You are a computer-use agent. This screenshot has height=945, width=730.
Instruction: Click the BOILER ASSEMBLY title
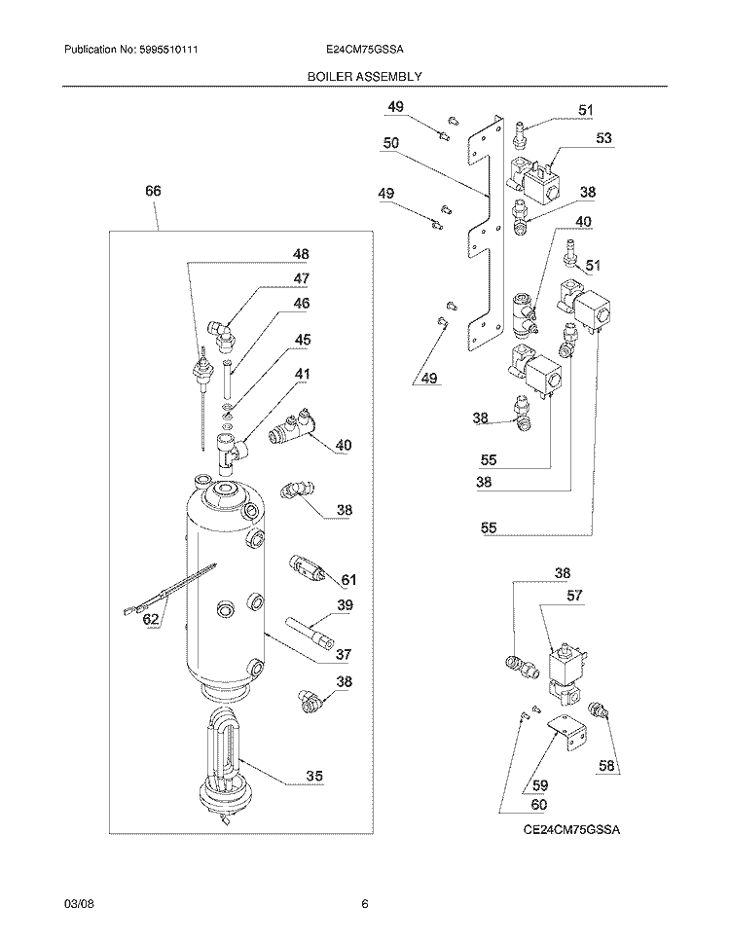coord(365,75)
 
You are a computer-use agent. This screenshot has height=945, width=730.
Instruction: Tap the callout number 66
coord(154,192)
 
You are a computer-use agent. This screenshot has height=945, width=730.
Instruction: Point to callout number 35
coord(314,777)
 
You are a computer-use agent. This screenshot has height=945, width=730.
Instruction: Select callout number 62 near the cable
coord(151,618)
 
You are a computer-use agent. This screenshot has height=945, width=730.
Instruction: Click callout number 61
coord(347,580)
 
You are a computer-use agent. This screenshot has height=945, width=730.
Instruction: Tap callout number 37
coord(343,654)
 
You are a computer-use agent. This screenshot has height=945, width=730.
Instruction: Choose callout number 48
coord(301,255)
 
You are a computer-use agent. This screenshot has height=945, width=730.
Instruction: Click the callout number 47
coord(301,279)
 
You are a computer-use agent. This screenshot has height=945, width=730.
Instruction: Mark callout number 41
coord(304,373)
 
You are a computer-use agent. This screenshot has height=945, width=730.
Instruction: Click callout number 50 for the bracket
coord(391,142)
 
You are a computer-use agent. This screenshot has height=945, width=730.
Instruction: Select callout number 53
coord(604,138)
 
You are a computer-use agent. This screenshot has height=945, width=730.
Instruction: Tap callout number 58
coord(606,767)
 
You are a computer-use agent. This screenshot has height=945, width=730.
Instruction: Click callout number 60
coord(537,804)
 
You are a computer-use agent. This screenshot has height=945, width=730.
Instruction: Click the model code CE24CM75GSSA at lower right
coord(571,829)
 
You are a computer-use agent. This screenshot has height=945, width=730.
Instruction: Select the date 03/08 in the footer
coord(77,904)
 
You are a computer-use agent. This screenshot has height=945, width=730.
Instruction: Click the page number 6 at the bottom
coord(364,904)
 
